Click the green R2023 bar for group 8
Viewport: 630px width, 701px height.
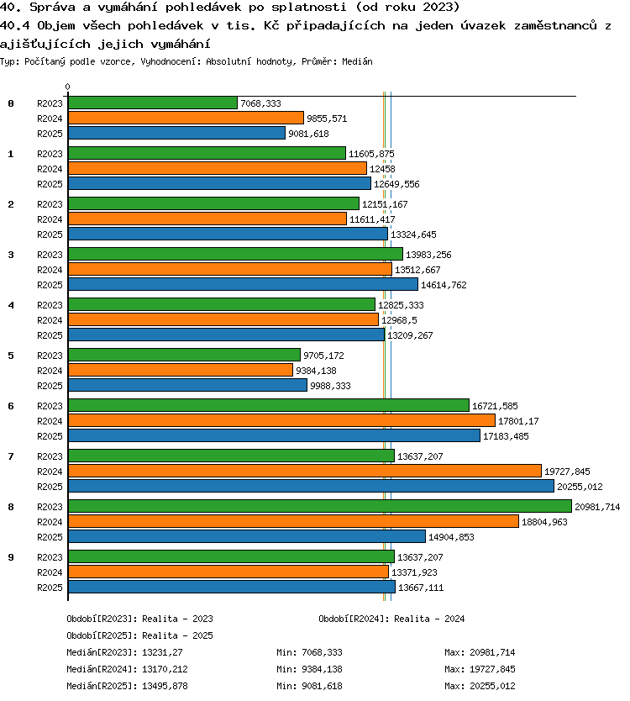coord(320,506)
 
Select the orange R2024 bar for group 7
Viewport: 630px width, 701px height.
coord(305,471)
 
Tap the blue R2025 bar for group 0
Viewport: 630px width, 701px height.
coord(176,133)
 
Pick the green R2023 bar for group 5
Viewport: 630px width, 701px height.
coord(184,355)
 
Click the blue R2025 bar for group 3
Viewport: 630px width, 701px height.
coord(243,284)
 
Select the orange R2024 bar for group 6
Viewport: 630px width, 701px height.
coord(281,420)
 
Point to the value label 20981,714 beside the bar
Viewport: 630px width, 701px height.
coord(597,507)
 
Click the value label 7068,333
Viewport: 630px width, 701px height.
coord(261,103)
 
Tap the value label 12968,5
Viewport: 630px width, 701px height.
coord(399,320)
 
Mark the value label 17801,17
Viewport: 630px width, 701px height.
coord(518,421)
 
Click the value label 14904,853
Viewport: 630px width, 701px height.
coord(451,537)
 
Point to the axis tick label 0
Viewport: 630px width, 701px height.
coord(67,87)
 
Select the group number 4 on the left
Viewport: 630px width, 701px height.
coord(11,305)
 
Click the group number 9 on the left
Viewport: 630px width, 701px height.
coord(11,557)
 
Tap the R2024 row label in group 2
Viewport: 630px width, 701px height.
coord(50,219)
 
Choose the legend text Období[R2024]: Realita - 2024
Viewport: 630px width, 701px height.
coord(391,619)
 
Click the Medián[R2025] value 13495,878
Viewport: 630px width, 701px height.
coord(165,686)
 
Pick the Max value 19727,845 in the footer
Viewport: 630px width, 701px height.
coord(492,669)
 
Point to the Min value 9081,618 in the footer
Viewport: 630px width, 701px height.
coord(323,686)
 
